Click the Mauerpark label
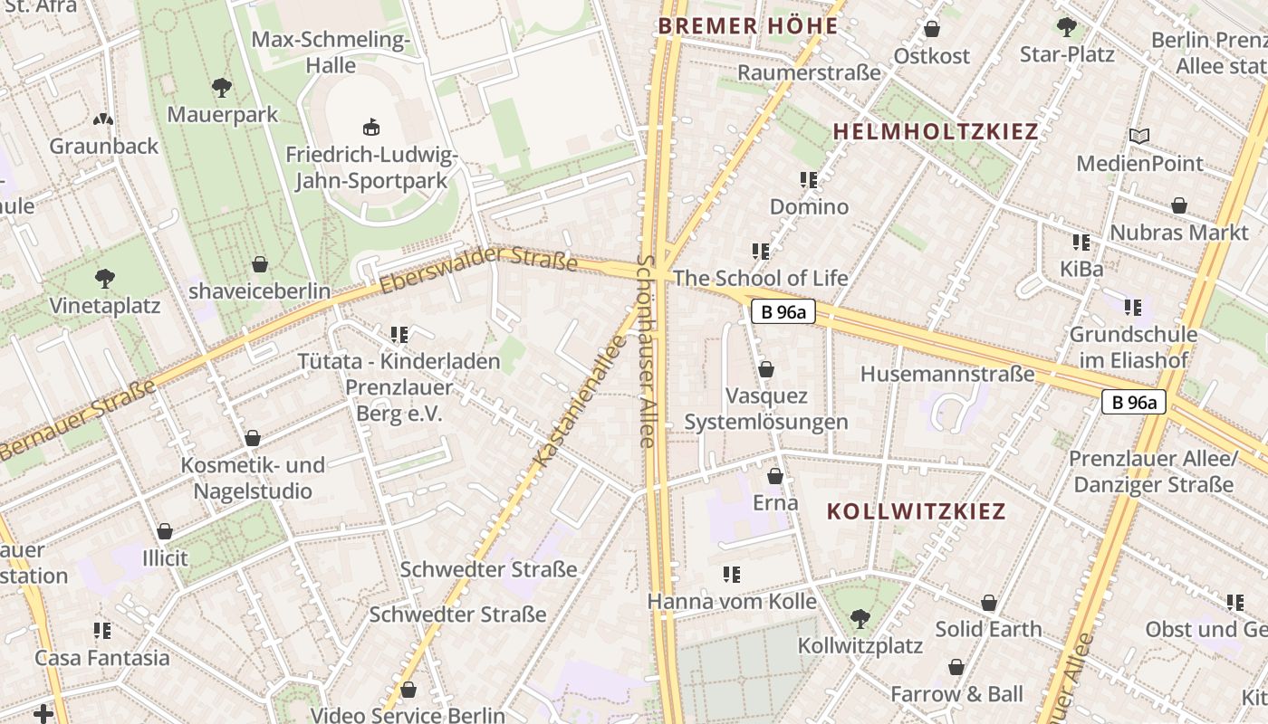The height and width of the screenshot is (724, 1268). (x=223, y=115)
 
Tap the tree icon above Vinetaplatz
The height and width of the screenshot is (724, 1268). (x=105, y=278)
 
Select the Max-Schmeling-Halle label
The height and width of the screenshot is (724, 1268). (x=331, y=52)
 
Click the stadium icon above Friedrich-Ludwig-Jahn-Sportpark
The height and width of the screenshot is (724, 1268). (x=370, y=127)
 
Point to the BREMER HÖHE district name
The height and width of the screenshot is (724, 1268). (x=748, y=26)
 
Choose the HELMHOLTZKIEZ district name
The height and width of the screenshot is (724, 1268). (x=935, y=131)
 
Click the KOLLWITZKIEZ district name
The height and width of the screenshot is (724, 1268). (x=916, y=511)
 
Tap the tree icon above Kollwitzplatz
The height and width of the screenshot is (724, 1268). (x=860, y=619)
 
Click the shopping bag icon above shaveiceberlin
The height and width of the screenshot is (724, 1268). (x=260, y=264)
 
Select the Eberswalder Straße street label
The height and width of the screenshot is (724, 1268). (x=478, y=269)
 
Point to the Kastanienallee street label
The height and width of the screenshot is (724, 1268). (x=581, y=401)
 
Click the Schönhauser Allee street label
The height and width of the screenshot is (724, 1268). (x=645, y=351)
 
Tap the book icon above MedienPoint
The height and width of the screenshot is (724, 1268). (x=1138, y=137)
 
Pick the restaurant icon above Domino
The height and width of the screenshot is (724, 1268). (x=809, y=180)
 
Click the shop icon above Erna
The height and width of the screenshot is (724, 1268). (x=775, y=476)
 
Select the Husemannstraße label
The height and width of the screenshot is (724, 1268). (x=946, y=374)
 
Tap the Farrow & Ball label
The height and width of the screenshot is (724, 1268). (x=956, y=694)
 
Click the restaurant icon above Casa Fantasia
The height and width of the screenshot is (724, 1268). (x=102, y=630)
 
